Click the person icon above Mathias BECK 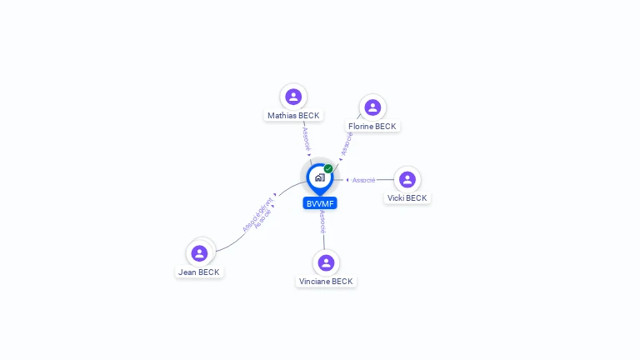click(292, 97)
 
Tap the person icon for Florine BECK click(372, 107)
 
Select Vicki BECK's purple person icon click(407, 179)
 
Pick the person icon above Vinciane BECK click(326, 262)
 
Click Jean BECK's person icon click(199, 253)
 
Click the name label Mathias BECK click(293, 116)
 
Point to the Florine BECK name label click(372, 127)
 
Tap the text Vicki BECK click(407, 198)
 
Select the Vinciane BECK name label click(326, 282)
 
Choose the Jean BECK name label click(199, 272)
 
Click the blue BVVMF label click(320, 203)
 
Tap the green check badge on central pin click(328, 169)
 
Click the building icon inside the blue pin click(319, 177)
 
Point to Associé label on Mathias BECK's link click(306, 137)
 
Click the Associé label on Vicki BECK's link click(364, 180)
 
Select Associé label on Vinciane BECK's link click(322, 222)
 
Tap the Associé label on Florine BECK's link click(347, 142)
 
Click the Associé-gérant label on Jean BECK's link click(257, 213)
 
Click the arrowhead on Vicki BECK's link click(347, 180)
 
